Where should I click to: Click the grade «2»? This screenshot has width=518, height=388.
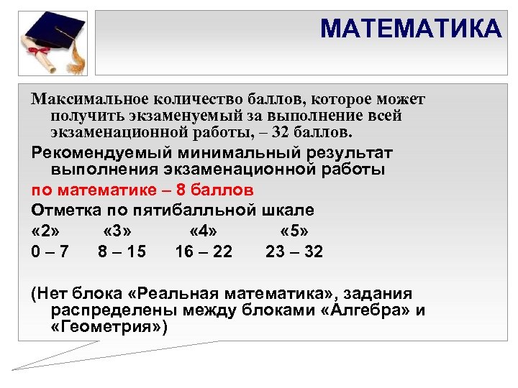46,231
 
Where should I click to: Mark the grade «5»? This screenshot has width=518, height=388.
294,231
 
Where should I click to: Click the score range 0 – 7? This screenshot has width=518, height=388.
50,251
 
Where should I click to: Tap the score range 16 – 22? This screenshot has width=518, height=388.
204,251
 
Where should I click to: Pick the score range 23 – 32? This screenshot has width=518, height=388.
294,251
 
